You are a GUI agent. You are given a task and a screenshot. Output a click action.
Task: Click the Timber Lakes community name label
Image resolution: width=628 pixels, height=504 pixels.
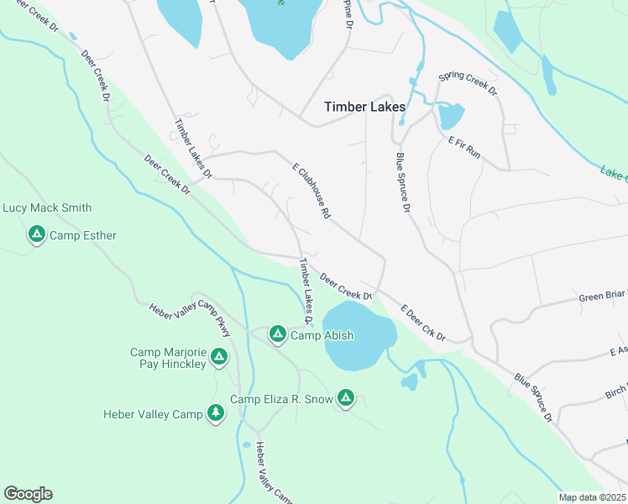[365, 108]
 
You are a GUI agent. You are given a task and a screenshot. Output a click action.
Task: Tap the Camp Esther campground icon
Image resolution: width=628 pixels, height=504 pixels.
[36, 235]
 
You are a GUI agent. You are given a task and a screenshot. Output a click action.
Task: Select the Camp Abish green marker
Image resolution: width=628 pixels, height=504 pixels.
[277, 335]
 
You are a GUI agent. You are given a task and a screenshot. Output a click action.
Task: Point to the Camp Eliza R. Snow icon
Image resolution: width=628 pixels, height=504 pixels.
[345, 398]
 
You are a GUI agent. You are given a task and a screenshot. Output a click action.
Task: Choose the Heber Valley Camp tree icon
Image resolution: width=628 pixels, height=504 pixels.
[216, 413]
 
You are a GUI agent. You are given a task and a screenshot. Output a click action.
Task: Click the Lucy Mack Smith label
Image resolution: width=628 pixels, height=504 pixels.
[47, 207]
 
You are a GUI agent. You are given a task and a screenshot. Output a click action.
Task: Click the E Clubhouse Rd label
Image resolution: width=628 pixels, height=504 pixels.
[311, 192]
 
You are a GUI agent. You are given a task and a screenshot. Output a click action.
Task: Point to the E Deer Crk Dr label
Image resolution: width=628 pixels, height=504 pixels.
[422, 323]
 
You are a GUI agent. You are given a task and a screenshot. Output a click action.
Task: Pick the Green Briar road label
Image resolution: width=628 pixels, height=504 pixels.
[602, 297]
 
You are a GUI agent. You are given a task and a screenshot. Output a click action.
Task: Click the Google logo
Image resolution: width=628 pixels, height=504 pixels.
[28, 494]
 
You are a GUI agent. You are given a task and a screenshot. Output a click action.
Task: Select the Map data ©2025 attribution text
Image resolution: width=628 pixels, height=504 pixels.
[591, 497]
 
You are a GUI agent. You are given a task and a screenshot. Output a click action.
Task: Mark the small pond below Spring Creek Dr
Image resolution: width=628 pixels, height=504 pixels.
[451, 116]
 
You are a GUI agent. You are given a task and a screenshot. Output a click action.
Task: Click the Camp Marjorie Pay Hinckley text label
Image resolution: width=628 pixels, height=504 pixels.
[168, 358]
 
